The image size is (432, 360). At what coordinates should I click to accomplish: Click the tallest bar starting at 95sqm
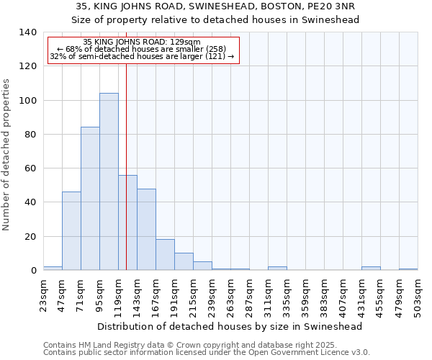pyautogui.click(x=109, y=181)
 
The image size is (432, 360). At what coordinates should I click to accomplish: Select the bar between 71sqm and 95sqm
pyautogui.click(x=90, y=199)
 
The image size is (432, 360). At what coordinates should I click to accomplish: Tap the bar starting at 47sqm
pyautogui.click(x=71, y=230)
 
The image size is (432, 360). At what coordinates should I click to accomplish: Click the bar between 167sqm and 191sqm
pyautogui.click(x=165, y=255)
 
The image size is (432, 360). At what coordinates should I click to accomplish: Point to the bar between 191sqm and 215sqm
pyautogui.click(x=184, y=261)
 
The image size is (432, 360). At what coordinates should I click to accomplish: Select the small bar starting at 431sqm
pyautogui.click(x=371, y=269)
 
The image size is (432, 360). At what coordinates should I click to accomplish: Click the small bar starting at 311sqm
pyautogui.click(x=277, y=269)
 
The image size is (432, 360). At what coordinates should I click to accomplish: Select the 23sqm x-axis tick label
pyautogui.click(x=43, y=293)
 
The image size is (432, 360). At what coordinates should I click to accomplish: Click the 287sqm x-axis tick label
pyautogui.click(x=249, y=293)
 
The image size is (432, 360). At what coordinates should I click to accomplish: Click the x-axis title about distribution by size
pyautogui.click(x=229, y=326)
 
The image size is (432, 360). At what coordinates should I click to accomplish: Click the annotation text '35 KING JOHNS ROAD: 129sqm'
pyautogui.click(x=142, y=42)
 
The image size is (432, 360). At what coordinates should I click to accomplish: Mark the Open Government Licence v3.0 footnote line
pyautogui.click(x=207, y=353)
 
